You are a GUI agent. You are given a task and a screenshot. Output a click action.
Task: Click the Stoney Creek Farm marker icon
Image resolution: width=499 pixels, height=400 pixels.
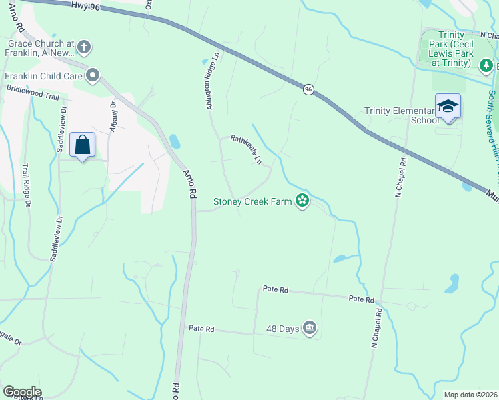click(302, 200)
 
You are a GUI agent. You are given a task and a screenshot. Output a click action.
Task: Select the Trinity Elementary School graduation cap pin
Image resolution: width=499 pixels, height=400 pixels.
click(448, 107)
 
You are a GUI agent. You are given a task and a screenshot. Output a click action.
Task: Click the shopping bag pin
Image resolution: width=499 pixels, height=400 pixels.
click(82, 145)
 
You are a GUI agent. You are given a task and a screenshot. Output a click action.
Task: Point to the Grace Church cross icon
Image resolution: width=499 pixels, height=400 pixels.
click(84, 47)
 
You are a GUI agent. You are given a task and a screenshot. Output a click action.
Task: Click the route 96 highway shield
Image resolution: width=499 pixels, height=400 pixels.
click(308, 89)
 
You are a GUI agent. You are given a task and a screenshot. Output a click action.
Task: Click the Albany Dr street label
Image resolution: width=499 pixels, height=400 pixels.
click(113, 114)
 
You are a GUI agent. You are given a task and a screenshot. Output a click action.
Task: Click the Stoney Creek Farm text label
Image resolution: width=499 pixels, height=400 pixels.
click(252, 201)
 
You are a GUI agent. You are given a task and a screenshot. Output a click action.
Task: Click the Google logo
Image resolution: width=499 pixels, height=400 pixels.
click(22, 391)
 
